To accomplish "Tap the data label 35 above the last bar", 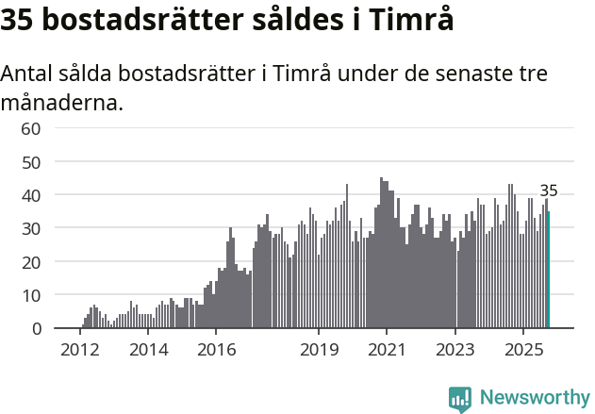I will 549,190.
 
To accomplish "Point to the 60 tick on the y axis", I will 31,128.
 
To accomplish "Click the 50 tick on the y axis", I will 31,161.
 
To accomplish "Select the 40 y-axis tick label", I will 31,195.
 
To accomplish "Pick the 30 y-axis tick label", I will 31,228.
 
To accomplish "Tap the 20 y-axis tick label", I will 31,262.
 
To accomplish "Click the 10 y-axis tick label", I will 31,295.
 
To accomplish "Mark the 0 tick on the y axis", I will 36,328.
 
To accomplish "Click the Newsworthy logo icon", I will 460,399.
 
